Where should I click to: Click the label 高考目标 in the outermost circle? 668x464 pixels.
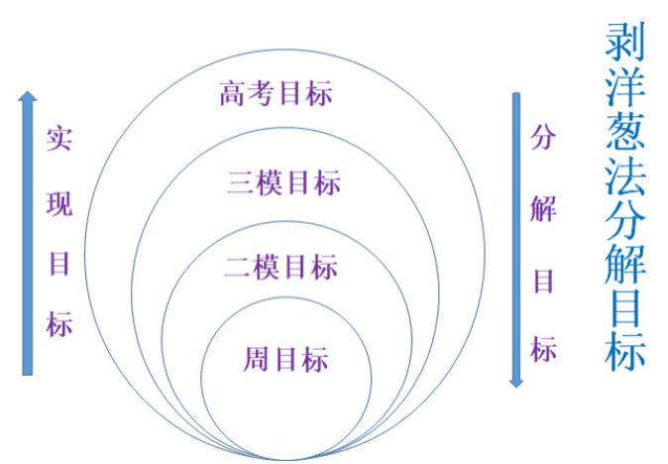point(276,93)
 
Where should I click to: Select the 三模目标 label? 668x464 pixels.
point(283,182)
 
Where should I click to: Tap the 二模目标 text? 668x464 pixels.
point(281,267)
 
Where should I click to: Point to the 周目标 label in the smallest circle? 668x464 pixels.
point(285,359)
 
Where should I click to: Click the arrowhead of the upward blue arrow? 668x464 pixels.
point(28,96)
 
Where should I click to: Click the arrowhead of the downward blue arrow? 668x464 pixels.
point(516,382)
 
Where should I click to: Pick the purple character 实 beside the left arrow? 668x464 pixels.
point(59,139)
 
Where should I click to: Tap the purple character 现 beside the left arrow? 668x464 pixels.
point(59,203)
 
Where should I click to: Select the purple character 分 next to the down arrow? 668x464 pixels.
point(543,137)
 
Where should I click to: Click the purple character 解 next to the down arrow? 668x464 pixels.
point(543,209)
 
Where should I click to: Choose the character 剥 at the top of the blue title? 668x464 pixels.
point(624,42)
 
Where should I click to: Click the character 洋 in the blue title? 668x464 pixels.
point(624,86)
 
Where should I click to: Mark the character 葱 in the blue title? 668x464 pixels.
point(624,131)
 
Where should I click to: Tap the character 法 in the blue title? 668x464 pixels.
point(624,175)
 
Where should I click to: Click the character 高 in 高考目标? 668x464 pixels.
point(233,93)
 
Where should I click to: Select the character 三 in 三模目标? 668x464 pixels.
point(240,183)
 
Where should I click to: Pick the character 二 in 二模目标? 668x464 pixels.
point(237,268)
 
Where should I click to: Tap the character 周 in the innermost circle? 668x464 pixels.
point(256,359)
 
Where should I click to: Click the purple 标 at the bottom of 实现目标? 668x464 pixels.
point(59,324)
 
